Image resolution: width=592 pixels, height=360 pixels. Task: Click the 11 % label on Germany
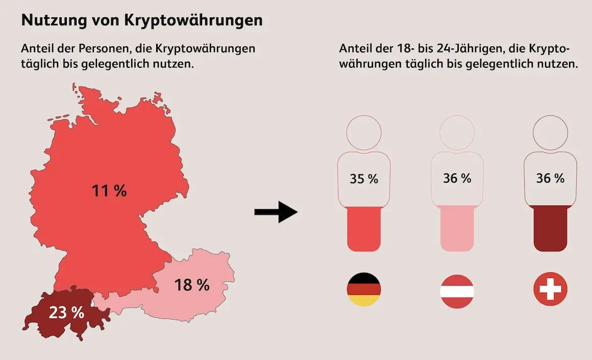pyautogui.click(x=109, y=191)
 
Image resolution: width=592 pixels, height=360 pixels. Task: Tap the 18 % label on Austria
pyautogui.click(x=192, y=285)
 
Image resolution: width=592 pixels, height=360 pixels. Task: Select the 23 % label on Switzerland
pyautogui.click(x=66, y=313)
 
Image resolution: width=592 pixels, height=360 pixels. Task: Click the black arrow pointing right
pyautogui.click(x=276, y=212)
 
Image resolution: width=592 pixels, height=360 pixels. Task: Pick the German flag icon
pyautogui.click(x=364, y=290)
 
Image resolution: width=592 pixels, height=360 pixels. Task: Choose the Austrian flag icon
pyautogui.click(x=457, y=291)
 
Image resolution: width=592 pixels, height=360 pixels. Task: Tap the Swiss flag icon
pyautogui.click(x=551, y=289)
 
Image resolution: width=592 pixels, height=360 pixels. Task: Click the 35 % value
pyautogui.click(x=364, y=178)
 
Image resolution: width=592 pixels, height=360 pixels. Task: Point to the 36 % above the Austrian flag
pyautogui.click(x=457, y=178)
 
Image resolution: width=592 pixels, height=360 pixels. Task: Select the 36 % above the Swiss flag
pyautogui.click(x=551, y=178)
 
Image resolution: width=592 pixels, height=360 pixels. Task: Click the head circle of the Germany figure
pyautogui.click(x=364, y=116)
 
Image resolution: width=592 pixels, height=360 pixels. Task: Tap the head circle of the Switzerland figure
pyautogui.click(x=551, y=116)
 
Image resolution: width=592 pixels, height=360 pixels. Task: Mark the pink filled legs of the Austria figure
pyautogui.click(x=457, y=228)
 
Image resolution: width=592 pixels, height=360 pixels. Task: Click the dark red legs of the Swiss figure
pyautogui.click(x=551, y=228)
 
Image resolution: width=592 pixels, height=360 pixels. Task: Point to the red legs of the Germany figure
pyautogui.click(x=364, y=228)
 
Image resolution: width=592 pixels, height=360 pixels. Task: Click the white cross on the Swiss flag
pyautogui.click(x=551, y=289)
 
